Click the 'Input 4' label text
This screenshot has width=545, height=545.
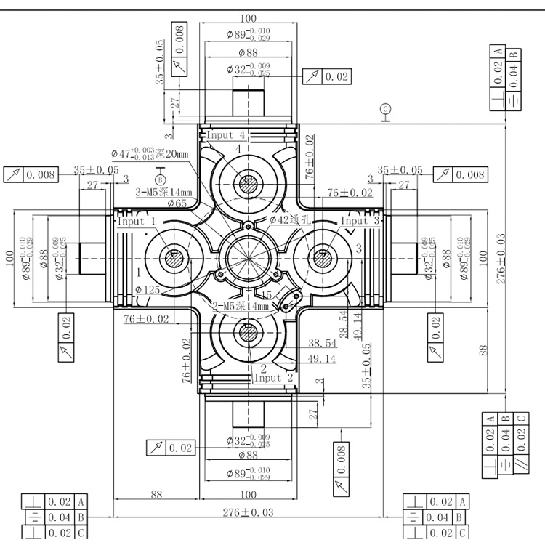click(x=227, y=135)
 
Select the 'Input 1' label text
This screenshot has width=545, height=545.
click(x=137, y=222)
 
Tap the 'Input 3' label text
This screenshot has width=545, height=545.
click(x=360, y=220)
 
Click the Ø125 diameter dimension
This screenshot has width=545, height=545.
click(x=149, y=290)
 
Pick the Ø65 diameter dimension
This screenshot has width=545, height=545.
click(x=177, y=204)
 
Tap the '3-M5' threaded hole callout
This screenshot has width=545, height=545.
click(x=163, y=192)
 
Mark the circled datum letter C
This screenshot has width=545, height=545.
click(x=387, y=110)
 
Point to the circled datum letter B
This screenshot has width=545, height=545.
click(x=161, y=179)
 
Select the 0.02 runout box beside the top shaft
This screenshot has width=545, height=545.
click(x=336, y=76)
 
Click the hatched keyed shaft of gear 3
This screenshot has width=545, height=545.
click(x=321, y=257)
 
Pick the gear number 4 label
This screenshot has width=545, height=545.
click(x=237, y=148)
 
